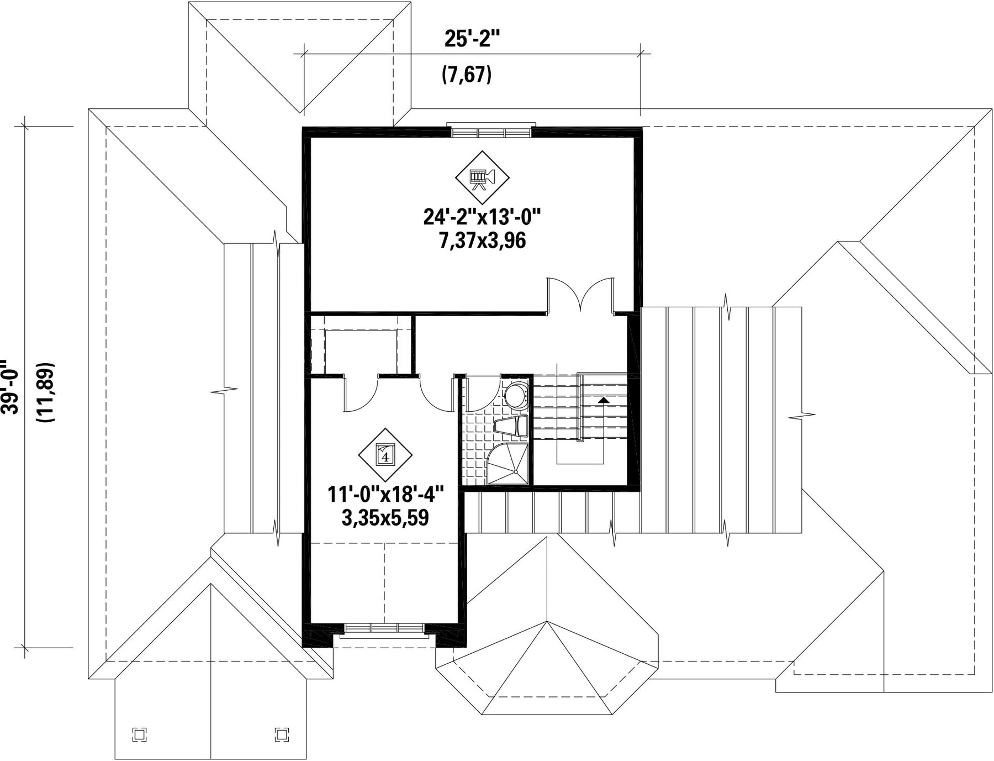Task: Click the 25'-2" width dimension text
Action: [472, 39]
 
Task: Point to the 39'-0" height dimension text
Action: [10, 387]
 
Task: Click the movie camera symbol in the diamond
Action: [482, 177]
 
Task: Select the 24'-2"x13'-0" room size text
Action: [482, 217]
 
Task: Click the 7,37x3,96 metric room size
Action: [482, 241]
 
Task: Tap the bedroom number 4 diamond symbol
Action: [385, 455]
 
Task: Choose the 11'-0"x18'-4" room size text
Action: [385, 494]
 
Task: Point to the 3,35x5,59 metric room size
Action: [385, 518]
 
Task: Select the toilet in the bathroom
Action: [511, 427]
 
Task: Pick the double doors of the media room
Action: [580, 296]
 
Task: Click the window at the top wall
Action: [491, 130]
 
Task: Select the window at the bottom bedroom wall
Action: [384, 629]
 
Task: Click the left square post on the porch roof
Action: [140, 734]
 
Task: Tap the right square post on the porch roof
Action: [282, 734]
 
